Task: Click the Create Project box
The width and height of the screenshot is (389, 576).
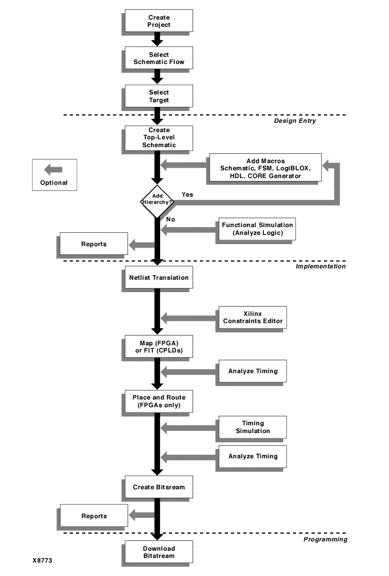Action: tap(158, 21)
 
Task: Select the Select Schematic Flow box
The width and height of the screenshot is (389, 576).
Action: tap(158, 58)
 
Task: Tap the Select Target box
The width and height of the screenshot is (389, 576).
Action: tap(158, 96)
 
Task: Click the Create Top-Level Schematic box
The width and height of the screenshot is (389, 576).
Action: tap(158, 138)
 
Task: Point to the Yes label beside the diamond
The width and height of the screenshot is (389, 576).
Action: tap(188, 195)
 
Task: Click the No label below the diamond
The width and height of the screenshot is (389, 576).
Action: tap(170, 219)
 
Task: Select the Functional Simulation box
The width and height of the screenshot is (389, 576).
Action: tap(257, 229)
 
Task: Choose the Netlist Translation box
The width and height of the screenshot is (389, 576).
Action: tap(158, 277)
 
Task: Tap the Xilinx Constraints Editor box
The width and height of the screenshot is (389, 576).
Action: tap(253, 317)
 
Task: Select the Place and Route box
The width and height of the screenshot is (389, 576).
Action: tap(158, 401)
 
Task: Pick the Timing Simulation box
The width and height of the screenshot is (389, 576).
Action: tap(253, 427)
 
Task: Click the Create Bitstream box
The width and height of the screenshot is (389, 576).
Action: tap(158, 487)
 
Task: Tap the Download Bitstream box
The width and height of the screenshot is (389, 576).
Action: tap(158, 552)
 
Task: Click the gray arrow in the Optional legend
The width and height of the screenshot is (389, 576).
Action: tap(53, 169)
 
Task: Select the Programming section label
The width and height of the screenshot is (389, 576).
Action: tap(325, 539)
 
